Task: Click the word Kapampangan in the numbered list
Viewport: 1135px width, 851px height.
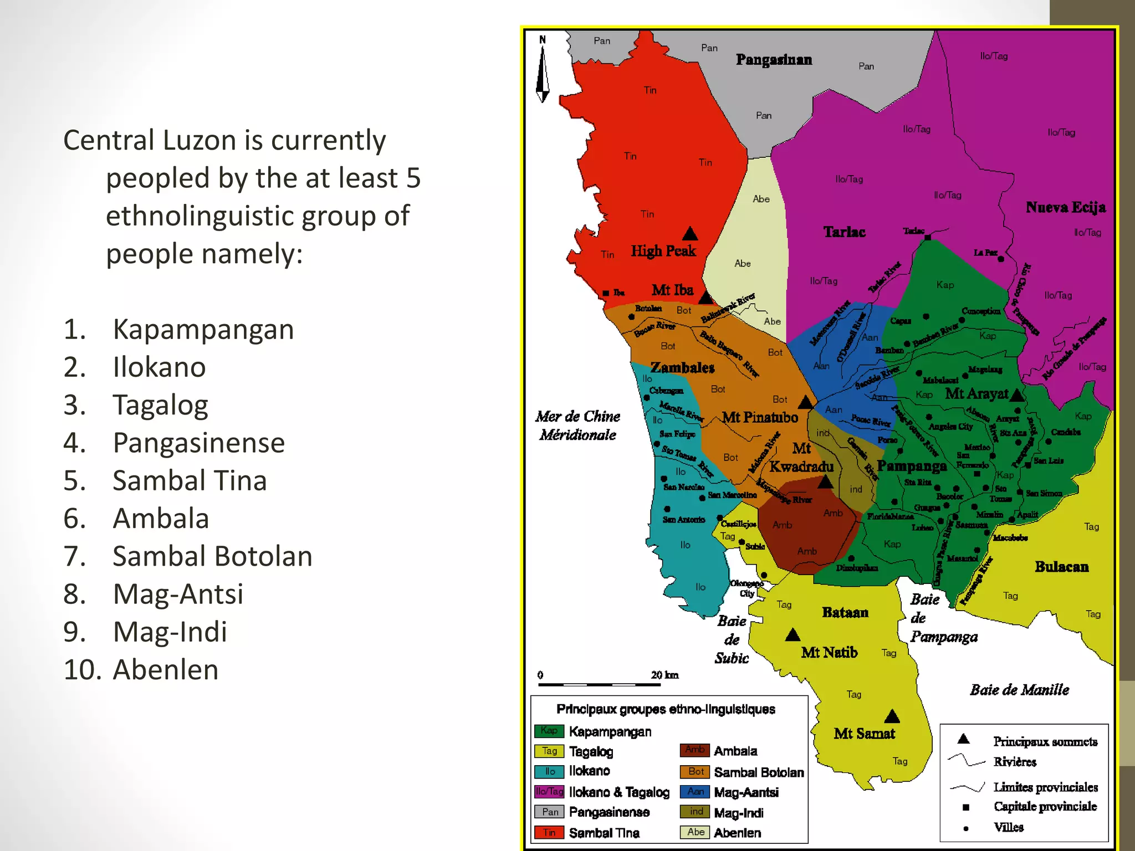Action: pyautogui.click(x=203, y=330)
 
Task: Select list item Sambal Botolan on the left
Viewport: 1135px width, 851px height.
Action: pyautogui.click(x=212, y=557)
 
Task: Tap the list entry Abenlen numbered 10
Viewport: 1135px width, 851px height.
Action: pyautogui.click(x=165, y=670)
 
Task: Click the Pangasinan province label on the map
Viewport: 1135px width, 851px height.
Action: pyautogui.click(x=774, y=60)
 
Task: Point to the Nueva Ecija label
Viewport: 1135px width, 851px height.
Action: pyautogui.click(x=1065, y=208)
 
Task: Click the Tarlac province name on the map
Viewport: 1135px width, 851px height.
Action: pyautogui.click(x=844, y=232)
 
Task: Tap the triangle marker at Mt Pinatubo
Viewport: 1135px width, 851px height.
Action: pyautogui.click(x=806, y=402)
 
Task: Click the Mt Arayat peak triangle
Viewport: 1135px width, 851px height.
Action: pyautogui.click(x=1017, y=395)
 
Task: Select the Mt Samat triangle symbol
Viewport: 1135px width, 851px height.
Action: pyautogui.click(x=892, y=717)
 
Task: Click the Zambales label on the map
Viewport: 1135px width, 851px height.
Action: pyautogui.click(x=682, y=368)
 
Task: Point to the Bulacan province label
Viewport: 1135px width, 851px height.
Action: pyautogui.click(x=1061, y=567)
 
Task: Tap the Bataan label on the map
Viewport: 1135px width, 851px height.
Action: pyautogui.click(x=845, y=613)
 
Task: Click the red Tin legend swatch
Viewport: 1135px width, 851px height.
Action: pyautogui.click(x=549, y=833)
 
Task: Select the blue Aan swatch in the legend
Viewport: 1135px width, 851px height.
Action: pyautogui.click(x=696, y=792)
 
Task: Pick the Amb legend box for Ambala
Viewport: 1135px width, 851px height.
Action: pyautogui.click(x=695, y=750)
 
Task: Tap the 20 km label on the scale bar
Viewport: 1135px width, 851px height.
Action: pyautogui.click(x=664, y=675)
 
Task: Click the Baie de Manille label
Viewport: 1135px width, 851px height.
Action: pyautogui.click(x=1019, y=690)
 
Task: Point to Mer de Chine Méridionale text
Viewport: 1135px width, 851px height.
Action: pyautogui.click(x=577, y=425)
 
